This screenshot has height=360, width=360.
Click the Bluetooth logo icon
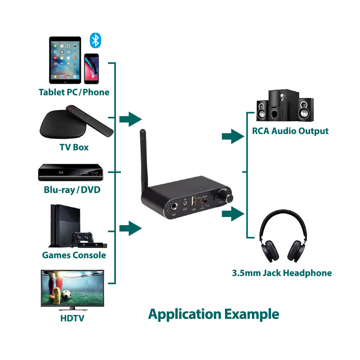(95, 41)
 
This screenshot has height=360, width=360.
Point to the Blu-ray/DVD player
(71, 172)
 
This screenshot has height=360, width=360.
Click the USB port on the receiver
(193, 201)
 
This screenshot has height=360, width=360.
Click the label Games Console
(74, 255)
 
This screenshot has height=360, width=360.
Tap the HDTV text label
(72, 318)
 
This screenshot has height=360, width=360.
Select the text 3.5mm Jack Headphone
(282, 273)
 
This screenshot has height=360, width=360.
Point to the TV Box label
(74, 147)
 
